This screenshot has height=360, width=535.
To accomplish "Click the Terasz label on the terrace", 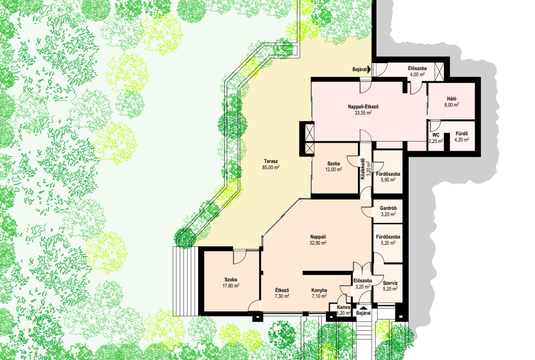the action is (271, 161).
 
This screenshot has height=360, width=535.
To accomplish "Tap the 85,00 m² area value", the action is (271, 167).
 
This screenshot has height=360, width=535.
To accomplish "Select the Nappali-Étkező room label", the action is (363, 107).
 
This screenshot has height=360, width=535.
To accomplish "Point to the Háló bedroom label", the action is (452, 99).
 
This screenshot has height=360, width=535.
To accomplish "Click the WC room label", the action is (436, 135).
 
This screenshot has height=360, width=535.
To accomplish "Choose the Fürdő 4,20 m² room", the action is (462, 137).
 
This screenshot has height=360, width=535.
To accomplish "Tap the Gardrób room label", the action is (388, 208).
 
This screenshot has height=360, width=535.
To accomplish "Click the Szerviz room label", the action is (390, 283).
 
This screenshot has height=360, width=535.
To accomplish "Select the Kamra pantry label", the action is (344, 307).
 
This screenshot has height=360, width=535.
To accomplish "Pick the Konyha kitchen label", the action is (319, 290).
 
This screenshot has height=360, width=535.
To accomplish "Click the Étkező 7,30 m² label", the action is (282, 293).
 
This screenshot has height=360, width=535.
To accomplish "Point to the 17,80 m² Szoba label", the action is (231, 283).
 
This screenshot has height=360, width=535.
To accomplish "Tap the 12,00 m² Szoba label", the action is (333, 167).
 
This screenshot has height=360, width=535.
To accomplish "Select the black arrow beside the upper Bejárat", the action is (369, 70).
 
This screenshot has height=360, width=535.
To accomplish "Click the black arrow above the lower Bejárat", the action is (363, 308).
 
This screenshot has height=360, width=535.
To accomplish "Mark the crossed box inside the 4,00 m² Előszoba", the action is (439, 72).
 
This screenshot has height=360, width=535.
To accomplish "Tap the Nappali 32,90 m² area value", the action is (318, 243).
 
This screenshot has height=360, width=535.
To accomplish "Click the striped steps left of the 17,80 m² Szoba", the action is (186, 281).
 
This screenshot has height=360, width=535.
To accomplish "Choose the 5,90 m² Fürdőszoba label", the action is (388, 177).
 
